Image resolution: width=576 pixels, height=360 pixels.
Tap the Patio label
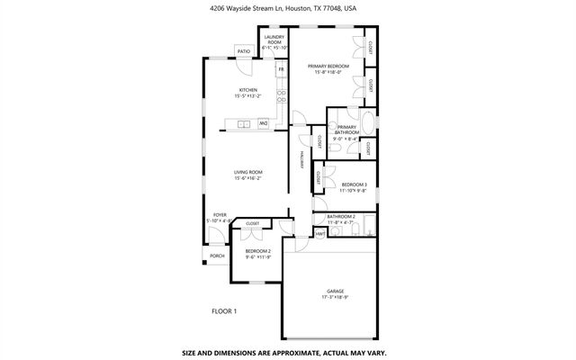coord(243,52)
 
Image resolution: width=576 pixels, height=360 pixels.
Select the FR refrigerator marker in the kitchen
coord(281,69)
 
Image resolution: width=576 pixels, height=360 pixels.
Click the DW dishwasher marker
coord(265,122)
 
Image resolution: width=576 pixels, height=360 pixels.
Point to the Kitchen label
coord(248,90)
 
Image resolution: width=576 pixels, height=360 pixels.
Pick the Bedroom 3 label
coord(354,184)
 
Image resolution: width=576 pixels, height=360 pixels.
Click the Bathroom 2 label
coord(341,217)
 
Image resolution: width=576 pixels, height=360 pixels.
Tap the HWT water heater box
coord(319,234)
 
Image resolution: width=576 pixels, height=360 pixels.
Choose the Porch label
coord(217,256)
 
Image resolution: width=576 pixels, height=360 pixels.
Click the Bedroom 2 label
coord(258,251)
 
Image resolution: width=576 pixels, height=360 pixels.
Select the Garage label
coord(336,291)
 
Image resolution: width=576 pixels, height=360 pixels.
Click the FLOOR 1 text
coord(224,311)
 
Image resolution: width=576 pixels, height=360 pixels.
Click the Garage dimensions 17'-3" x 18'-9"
coord(336,297)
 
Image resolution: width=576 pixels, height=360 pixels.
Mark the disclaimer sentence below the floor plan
coord(287,352)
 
